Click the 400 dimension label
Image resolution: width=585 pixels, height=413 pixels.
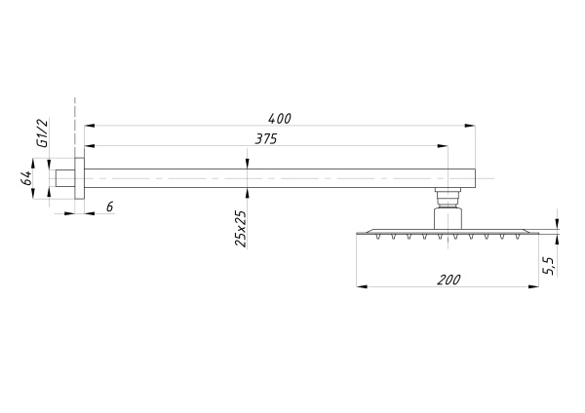click(x=279, y=119)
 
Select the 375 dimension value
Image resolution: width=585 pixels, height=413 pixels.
click(x=266, y=139)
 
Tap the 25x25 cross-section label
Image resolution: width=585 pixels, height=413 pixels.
click(x=241, y=229)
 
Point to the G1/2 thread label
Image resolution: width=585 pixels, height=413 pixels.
click(x=43, y=132)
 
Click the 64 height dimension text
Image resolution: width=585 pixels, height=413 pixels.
click(x=25, y=178)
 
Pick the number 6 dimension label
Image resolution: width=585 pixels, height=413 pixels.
click(x=109, y=206)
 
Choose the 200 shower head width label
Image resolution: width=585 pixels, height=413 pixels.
click(x=448, y=280)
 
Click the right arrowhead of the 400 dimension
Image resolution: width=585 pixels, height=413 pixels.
click(x=470, y=126)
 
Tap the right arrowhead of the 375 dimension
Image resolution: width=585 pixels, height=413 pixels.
click(x=443, y=146)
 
